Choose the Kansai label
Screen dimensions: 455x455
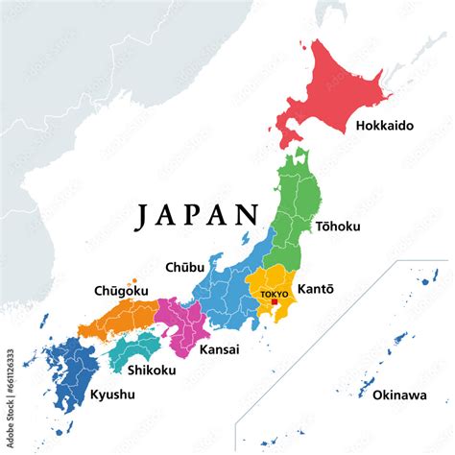[x=219, y=349]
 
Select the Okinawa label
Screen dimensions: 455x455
[x=388, y=394]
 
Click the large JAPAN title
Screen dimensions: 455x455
[x=198, y=216]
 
